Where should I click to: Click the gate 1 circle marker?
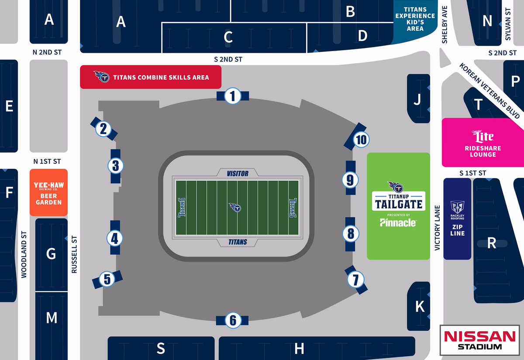pos(233,96)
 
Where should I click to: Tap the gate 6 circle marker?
pos(233,321)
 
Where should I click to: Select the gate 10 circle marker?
pos(361,140)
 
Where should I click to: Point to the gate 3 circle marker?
pos(116,166)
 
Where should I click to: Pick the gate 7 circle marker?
pos(356,278)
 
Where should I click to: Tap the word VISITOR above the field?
pos(238,174)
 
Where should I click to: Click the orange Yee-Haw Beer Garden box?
pos(48,192)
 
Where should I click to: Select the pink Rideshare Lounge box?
pos(483,142)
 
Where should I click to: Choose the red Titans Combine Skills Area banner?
pos(151,78)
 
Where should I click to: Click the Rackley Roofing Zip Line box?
pos(457,218)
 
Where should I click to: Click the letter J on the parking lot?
pos(417,101)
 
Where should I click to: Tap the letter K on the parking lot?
pos(420,306)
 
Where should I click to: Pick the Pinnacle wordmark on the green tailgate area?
pos(397,223)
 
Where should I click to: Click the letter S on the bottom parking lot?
pos(161,348)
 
